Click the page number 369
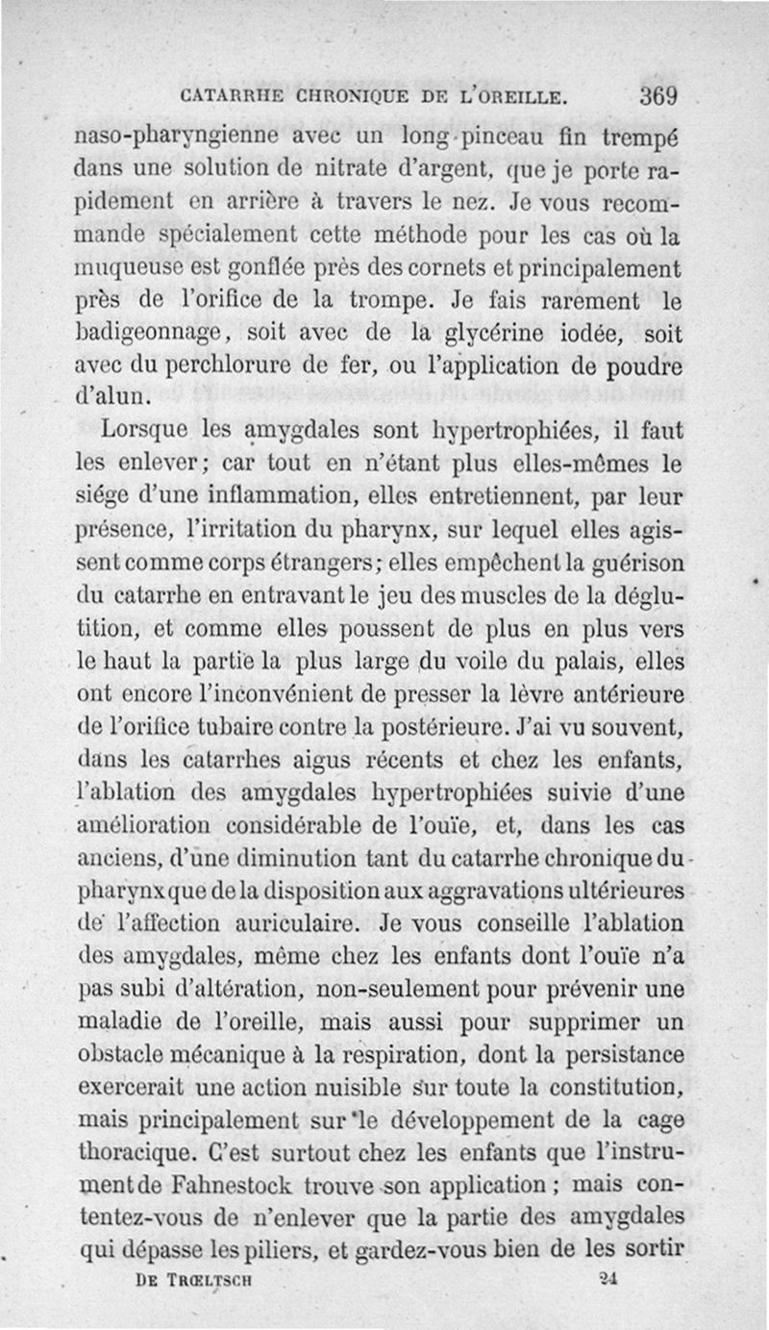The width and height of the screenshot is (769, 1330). tap(657, 96)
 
